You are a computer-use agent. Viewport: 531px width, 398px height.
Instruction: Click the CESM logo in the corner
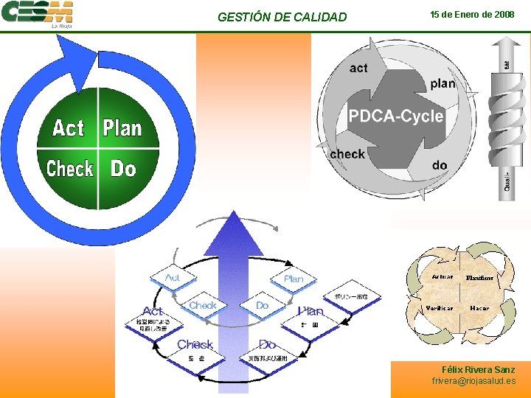37,13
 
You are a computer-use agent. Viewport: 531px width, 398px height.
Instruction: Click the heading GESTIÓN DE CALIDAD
282,17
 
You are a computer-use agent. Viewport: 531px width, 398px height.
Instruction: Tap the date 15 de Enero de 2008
472,15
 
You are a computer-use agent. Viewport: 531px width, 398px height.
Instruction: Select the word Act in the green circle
68,128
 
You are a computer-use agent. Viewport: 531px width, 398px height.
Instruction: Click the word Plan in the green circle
122,128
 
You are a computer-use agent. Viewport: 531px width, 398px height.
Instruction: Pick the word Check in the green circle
69,169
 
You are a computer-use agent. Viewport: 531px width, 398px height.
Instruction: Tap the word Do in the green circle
123,169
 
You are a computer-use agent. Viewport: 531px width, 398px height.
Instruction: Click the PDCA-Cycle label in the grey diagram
395,116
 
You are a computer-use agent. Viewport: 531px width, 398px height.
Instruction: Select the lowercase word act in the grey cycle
358,69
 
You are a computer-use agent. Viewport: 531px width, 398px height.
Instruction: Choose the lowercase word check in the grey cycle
347,154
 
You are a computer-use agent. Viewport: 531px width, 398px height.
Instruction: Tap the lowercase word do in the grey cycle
440,165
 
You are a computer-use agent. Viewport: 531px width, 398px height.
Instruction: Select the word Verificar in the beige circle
440,307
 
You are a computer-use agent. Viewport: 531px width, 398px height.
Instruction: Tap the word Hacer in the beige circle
479,307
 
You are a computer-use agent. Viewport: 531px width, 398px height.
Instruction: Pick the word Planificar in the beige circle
479,278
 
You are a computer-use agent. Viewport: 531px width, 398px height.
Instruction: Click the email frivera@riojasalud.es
473,381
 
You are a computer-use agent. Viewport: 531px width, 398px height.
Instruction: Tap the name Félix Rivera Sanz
478,369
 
